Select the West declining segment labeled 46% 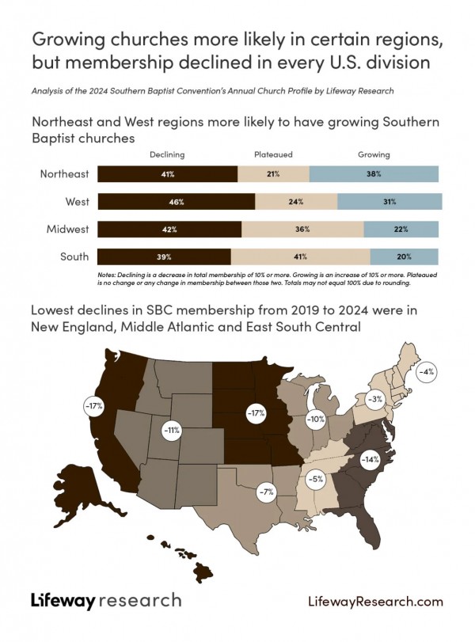pyautogui.click(x=176, y=202)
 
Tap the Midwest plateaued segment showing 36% pyautogui.click(x=302, y=230)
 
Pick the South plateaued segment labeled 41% pyautogui.click(x=300, y=256)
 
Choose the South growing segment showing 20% pyautogui.click(x=403, y=256)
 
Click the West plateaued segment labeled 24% pyautogui.click(x=296, y=202)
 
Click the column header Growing pyautogui.click(x=374, y=155)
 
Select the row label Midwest pyautogui.click(x=66, y=230)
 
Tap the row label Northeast pyautogui.click(x=63, y=174)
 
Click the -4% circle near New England pyautogui.click(x=427, y=371)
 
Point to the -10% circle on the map pyautogui.click(x=317, y=418)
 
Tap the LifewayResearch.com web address pyautogui.click(x=375, y=601)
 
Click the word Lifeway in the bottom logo pyautogui.click(x=63, y=600)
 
